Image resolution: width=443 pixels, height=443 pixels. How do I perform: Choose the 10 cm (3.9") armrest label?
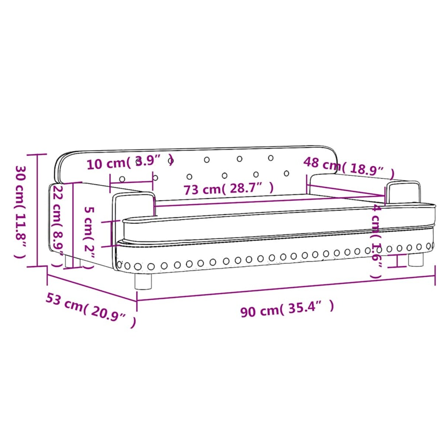(130, 162)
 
